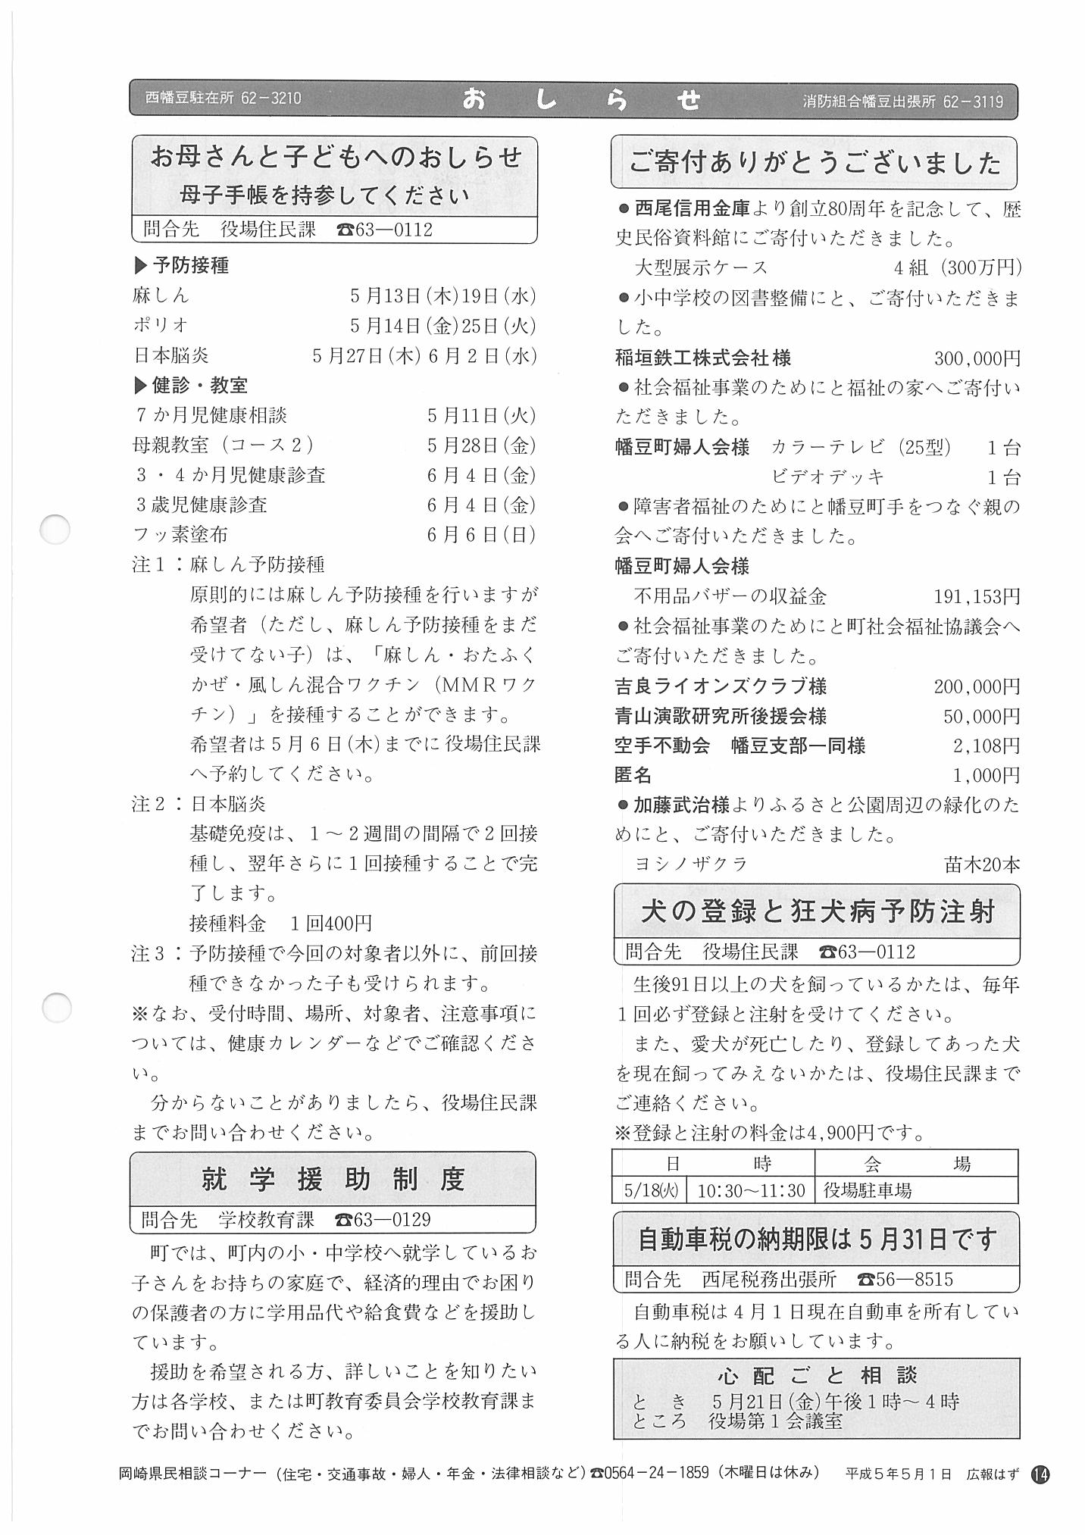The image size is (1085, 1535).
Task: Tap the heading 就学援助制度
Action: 333,1180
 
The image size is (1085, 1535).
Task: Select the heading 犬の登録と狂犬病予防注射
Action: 817,911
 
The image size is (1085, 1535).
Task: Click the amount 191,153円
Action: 977,597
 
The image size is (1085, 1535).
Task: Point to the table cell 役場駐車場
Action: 868,1190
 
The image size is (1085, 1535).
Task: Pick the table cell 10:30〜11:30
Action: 750,1190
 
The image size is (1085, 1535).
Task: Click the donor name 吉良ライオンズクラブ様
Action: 721,686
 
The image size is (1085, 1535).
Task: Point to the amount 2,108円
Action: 987,746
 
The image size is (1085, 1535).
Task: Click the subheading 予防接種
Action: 190,265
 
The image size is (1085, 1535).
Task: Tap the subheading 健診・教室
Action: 199,386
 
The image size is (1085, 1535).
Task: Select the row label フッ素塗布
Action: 180,535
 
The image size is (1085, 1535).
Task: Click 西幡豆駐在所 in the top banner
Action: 189,98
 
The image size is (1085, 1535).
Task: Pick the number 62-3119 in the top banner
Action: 973,102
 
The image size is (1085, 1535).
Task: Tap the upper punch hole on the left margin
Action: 55,529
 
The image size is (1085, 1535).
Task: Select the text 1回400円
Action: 331,924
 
